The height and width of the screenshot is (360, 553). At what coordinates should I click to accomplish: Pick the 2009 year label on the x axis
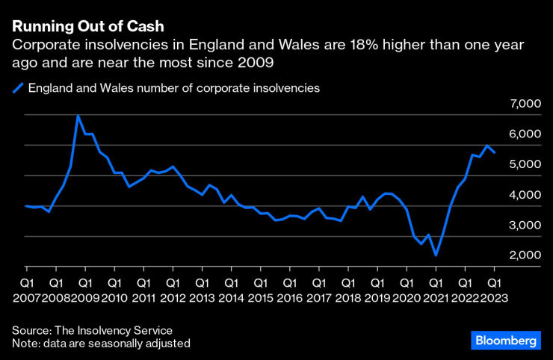(x=85, y=299)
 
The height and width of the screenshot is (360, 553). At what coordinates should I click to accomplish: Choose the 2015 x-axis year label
(x=260, y=299)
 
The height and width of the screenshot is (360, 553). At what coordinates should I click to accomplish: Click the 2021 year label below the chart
(x=435, y=299)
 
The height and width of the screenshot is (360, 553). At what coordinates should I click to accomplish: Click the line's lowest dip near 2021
(x=435, y=255)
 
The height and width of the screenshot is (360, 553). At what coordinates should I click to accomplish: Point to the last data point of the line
(x=495, y=152)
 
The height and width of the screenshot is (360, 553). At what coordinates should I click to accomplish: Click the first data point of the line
(x=27, y=205)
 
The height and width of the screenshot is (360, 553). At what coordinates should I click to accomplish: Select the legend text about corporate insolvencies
(x=174, y=88)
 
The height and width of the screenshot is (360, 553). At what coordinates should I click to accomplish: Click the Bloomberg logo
(x=506, y=340)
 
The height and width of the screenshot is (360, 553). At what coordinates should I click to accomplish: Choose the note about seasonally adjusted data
(x=101, y=344)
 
